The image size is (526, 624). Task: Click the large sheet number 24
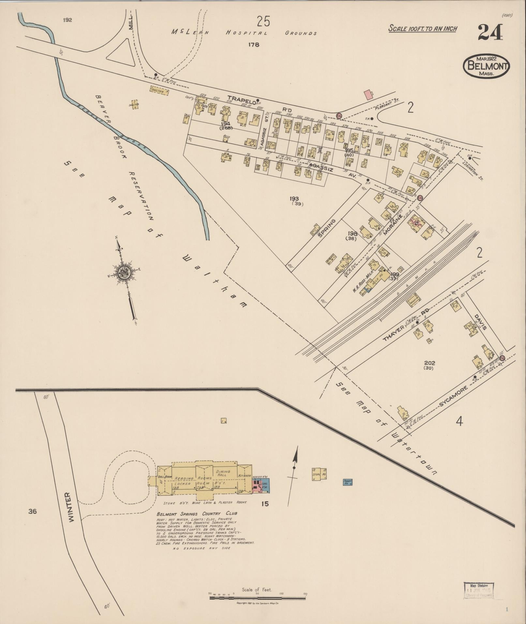coord(491,33)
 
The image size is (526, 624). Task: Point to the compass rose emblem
coord(124,271)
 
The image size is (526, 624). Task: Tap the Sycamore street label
coord(453,396)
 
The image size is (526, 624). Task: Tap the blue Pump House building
coord(348,482)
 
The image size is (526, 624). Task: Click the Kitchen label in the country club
coord(245,476)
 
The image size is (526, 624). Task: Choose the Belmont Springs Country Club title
coord(197,513)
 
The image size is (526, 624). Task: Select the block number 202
coord(430,363)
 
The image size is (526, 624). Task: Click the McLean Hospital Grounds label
coord(244,33)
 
